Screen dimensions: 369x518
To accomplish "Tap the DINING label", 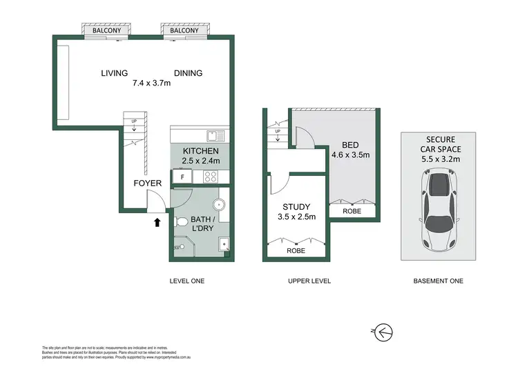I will click(x=188, y=73).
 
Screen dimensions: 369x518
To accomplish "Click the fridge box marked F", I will click(x=182, y=177).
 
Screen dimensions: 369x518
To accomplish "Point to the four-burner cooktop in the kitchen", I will click(x=209, y=177).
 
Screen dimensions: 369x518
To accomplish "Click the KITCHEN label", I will click(x=200, y=151).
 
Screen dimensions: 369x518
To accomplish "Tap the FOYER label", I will click(x=147, y=183).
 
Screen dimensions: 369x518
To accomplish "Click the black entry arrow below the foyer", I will click(x=157, y=222).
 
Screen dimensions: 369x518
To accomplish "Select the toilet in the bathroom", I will click(x=180, y=222).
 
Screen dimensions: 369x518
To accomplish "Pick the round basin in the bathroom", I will click(x=219, y=205).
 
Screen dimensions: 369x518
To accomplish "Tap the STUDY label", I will click(x=296, y=206).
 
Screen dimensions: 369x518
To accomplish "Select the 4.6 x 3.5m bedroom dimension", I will click(x=351, y=155).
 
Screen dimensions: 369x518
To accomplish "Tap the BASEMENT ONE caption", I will click(x=438, y=281).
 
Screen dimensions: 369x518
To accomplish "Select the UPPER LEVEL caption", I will click(x=309, y=281).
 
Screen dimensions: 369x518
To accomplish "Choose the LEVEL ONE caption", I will click(x=187, y=281).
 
